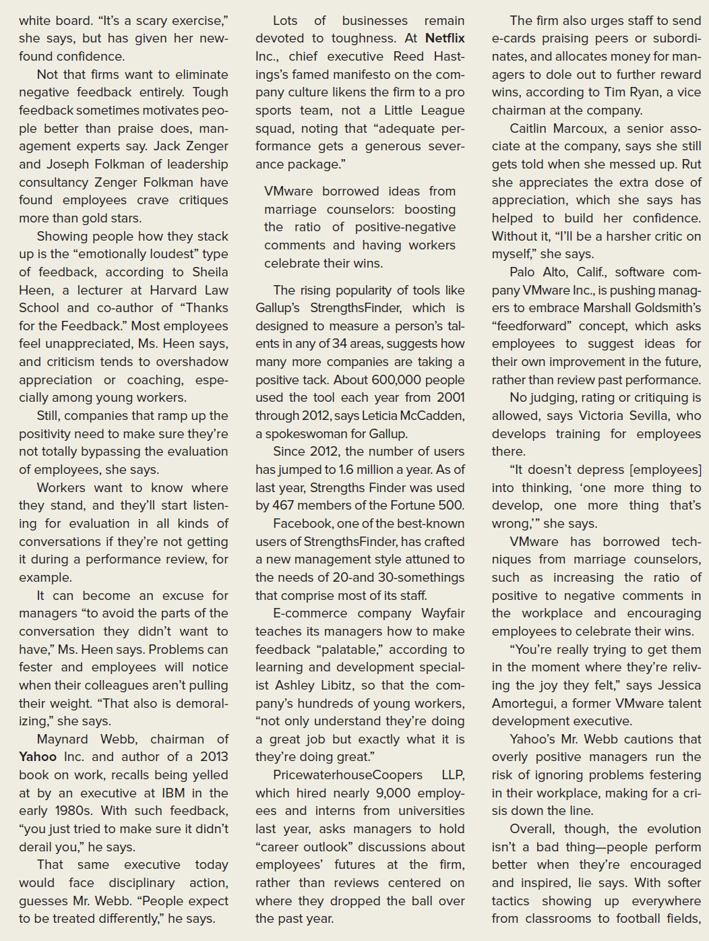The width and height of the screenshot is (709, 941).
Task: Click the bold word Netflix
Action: coord(445,38)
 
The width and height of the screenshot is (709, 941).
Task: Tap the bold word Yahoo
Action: coord(38,757)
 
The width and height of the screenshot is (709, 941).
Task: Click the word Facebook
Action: coord(301,523)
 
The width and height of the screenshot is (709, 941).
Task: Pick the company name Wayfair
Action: coord(443,613)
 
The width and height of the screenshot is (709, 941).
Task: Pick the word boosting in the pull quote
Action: coord(429,210)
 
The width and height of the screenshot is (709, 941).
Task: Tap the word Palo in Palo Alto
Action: coord(522,272)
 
